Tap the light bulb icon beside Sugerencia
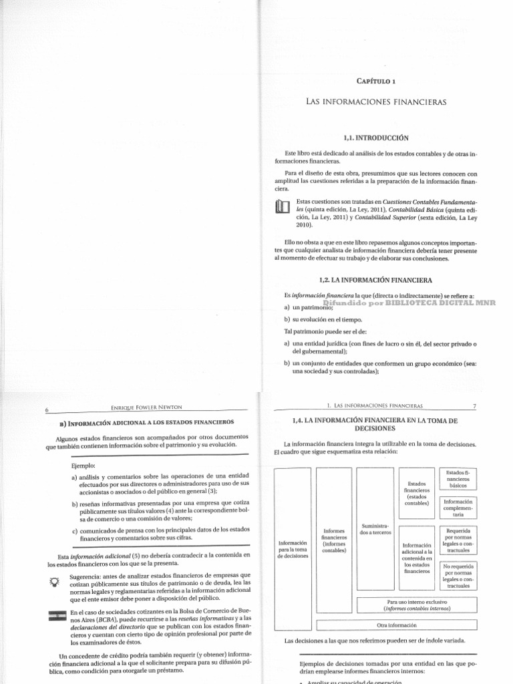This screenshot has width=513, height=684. (55, 581)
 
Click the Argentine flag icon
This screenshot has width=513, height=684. (55, 618)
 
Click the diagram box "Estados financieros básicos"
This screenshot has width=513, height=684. (458, 479)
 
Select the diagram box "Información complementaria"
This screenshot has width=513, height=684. (458, 508)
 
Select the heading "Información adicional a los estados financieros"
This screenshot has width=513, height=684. (144, 423)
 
